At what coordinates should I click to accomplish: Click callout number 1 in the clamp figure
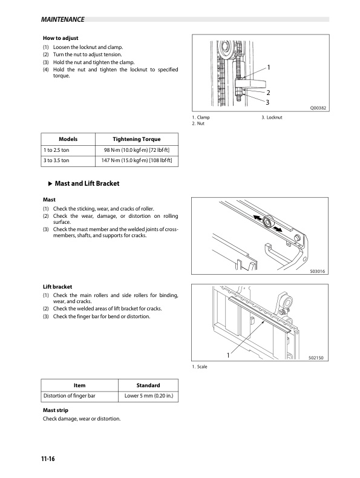268,67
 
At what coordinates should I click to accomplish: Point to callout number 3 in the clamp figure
267,102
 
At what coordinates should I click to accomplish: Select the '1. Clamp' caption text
201,117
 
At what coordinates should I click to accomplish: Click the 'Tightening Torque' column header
137,139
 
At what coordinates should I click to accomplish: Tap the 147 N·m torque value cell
137,161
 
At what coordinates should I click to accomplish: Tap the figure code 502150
316,358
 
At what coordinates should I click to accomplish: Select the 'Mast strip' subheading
55,410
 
